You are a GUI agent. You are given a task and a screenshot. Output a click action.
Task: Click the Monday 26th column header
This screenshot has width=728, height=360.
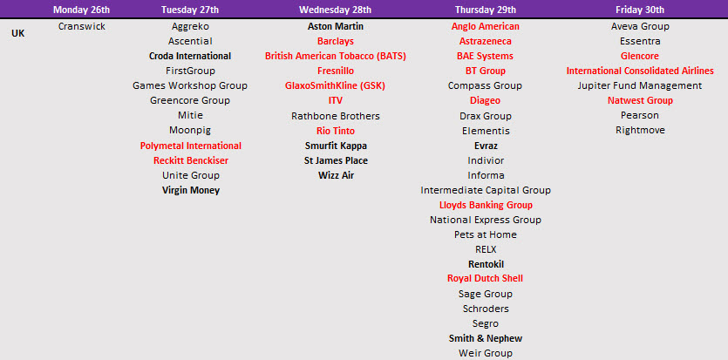point(81,10)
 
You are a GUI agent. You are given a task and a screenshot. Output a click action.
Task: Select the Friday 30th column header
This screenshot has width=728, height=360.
point(640,10)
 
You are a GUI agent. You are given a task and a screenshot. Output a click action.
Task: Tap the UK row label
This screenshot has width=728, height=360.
point(18,33)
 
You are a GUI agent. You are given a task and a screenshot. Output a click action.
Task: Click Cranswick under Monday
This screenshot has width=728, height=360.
point(82,26)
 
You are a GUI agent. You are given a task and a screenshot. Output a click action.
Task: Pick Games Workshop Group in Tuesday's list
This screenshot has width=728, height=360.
point(190,85)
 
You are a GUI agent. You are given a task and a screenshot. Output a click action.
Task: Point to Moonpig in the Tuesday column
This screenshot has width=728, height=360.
point(190,131)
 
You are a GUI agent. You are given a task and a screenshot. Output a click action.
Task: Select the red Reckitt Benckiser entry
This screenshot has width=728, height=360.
point(191,160)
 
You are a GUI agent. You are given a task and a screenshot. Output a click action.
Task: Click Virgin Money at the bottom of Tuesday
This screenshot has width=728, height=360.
point(191,190)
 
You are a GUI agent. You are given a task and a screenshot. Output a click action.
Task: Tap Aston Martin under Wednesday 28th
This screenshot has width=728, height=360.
point(335,26)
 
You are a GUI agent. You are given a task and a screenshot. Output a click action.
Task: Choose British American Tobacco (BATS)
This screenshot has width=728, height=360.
point(335,56)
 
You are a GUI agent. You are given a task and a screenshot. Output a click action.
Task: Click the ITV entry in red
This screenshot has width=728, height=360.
point(335,100)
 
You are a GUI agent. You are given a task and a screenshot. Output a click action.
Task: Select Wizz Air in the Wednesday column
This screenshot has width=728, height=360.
point(336,175)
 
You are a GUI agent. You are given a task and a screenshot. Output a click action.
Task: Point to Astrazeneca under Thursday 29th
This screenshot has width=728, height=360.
point(485,41)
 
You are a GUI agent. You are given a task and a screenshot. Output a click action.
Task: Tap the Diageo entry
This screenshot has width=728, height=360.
point(485,100)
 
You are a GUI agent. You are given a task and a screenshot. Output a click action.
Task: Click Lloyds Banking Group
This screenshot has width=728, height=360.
point(486,205)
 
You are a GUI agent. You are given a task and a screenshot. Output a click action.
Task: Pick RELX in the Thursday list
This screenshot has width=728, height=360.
point(486,249)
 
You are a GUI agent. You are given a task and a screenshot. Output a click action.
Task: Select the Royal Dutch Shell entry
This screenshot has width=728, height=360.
point(485,279)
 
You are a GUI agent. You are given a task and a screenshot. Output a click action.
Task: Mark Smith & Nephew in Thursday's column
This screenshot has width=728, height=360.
point(486,338)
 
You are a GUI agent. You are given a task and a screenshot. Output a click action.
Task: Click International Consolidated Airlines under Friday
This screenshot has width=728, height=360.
point(640,71)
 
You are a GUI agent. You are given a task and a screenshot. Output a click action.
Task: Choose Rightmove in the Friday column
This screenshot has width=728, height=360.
point(640,131)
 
